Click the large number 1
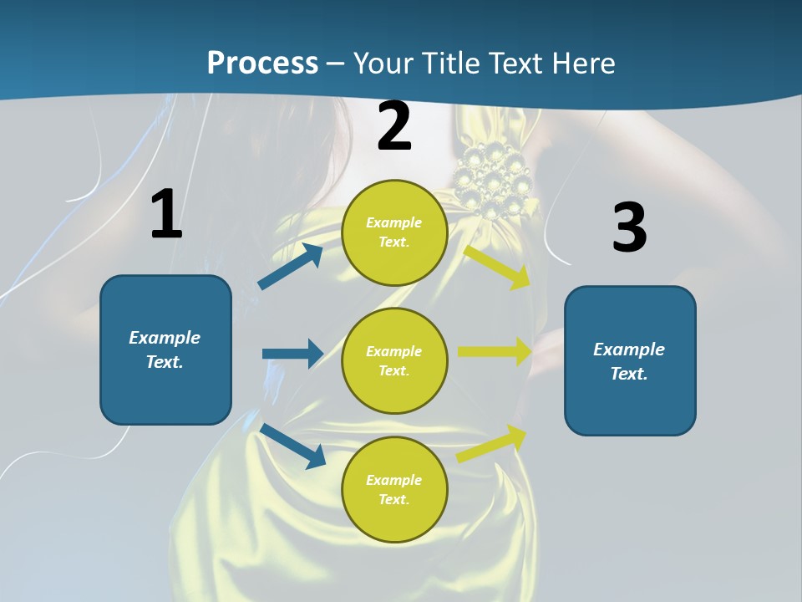coord(166,214)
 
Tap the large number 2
coord(394,126)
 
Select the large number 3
coord(629,227)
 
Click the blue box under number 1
coord(165,349)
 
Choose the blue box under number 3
coord(630,360)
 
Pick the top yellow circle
coord(394,232)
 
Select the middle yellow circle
coord(394,360)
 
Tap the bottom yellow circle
coord(394,489)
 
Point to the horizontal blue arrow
coord(292,354)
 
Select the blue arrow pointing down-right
coord(293,446)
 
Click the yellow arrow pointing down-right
coord(498,267)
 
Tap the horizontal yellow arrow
coord(495,352)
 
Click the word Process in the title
coord(262,63)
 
